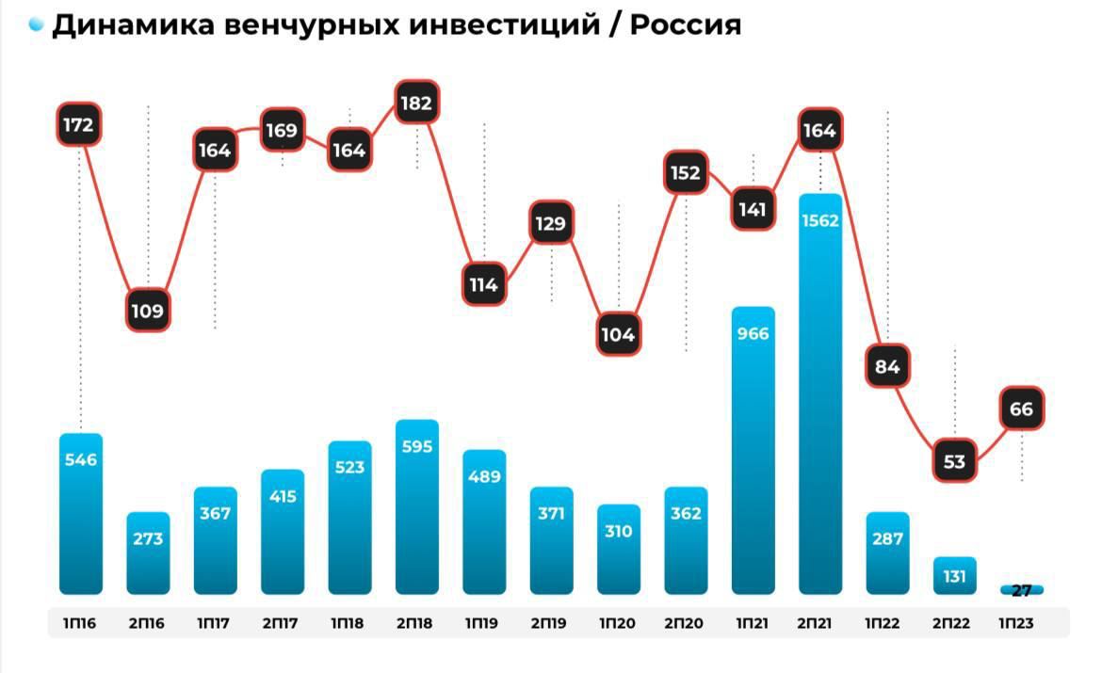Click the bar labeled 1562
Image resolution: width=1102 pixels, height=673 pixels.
point(819,395)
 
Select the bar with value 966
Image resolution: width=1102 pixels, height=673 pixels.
point(753,452)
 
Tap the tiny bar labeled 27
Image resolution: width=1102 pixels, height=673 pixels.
point(1022,590)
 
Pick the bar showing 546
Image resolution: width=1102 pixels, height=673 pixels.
point(80,514)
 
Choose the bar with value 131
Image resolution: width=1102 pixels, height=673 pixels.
point(955,576)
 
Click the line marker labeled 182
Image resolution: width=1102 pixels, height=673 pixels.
point(416,104)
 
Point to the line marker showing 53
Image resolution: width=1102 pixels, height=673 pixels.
point(955,461)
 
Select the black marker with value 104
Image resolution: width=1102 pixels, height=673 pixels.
point(619,333)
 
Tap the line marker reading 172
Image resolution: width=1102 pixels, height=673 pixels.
point(79,124)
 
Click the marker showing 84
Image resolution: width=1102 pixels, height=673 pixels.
point(888,366)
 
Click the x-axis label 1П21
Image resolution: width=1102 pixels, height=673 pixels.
point(753,622)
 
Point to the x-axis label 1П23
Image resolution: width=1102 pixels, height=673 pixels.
point(1022,622)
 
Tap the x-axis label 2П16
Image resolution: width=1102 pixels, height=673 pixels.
point(148,622)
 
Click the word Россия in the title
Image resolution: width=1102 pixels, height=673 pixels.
point(685,25)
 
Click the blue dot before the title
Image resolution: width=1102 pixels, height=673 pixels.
point(37,25)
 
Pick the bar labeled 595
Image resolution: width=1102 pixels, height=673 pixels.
point(416,508)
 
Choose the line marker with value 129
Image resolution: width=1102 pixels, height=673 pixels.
point(551,224)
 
